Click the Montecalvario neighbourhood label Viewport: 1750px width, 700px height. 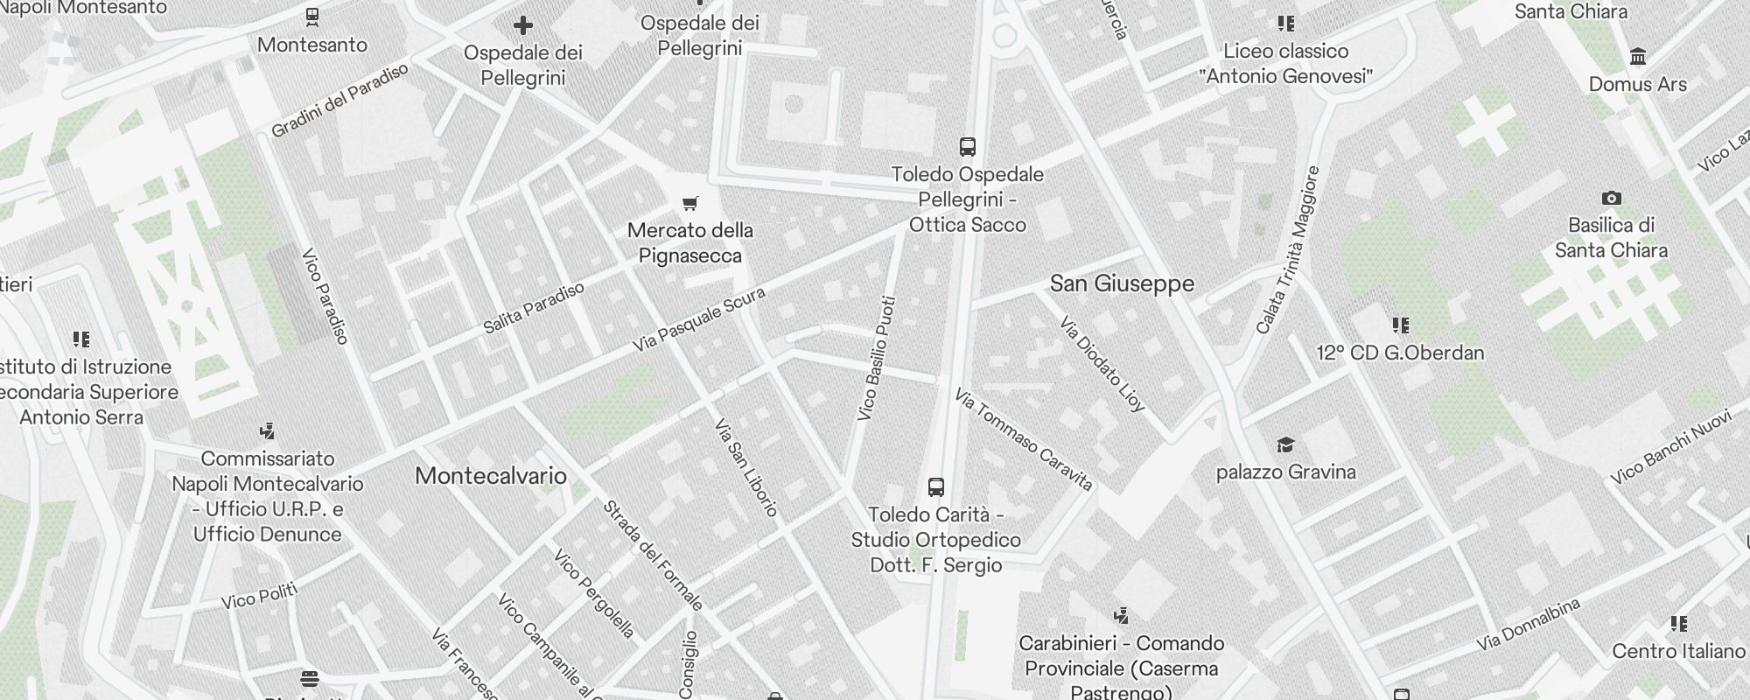tap(490, 476)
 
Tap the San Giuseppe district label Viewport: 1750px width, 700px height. tap(1122, 283)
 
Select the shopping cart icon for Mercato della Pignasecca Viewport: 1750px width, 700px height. tap(690, 204)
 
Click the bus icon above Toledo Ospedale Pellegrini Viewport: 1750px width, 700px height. tap(967, 147)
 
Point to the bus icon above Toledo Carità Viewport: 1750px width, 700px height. tap(935, 487)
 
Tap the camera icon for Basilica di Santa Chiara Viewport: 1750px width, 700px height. tap(1611, 199)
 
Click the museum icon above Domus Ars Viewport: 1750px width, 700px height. tap(1637, 58)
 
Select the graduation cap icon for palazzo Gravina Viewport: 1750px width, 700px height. tap(1285, 445)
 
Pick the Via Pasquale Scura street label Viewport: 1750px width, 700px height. tap(699, 319)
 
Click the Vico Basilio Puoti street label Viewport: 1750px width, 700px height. tap(878, 359)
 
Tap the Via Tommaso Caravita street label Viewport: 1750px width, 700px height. tap(1024, 439)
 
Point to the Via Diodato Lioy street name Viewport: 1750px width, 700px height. tap(1102, 364)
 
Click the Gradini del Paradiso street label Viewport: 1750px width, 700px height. tap(339, 101)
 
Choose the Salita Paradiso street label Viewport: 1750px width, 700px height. tap(534, 308)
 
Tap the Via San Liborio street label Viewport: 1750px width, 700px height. tap(745, 467)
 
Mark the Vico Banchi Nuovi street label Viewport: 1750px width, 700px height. tap(1671, 448)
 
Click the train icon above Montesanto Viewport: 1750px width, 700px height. tap(311, 17)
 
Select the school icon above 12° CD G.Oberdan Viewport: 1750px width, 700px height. tap(1400, 325)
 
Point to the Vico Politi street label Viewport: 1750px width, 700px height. tap(259, 597)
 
